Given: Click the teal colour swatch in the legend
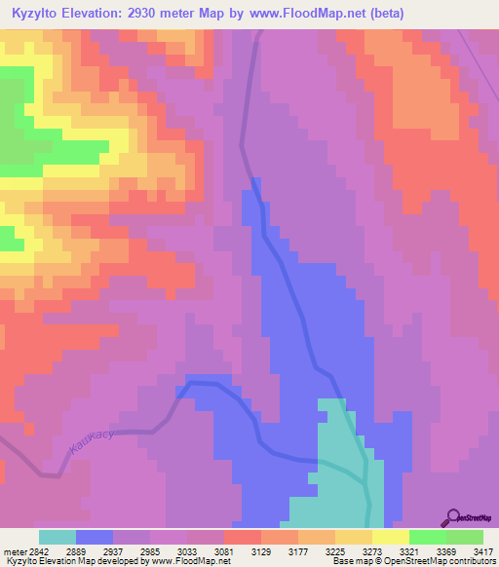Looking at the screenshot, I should (58, 537).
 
